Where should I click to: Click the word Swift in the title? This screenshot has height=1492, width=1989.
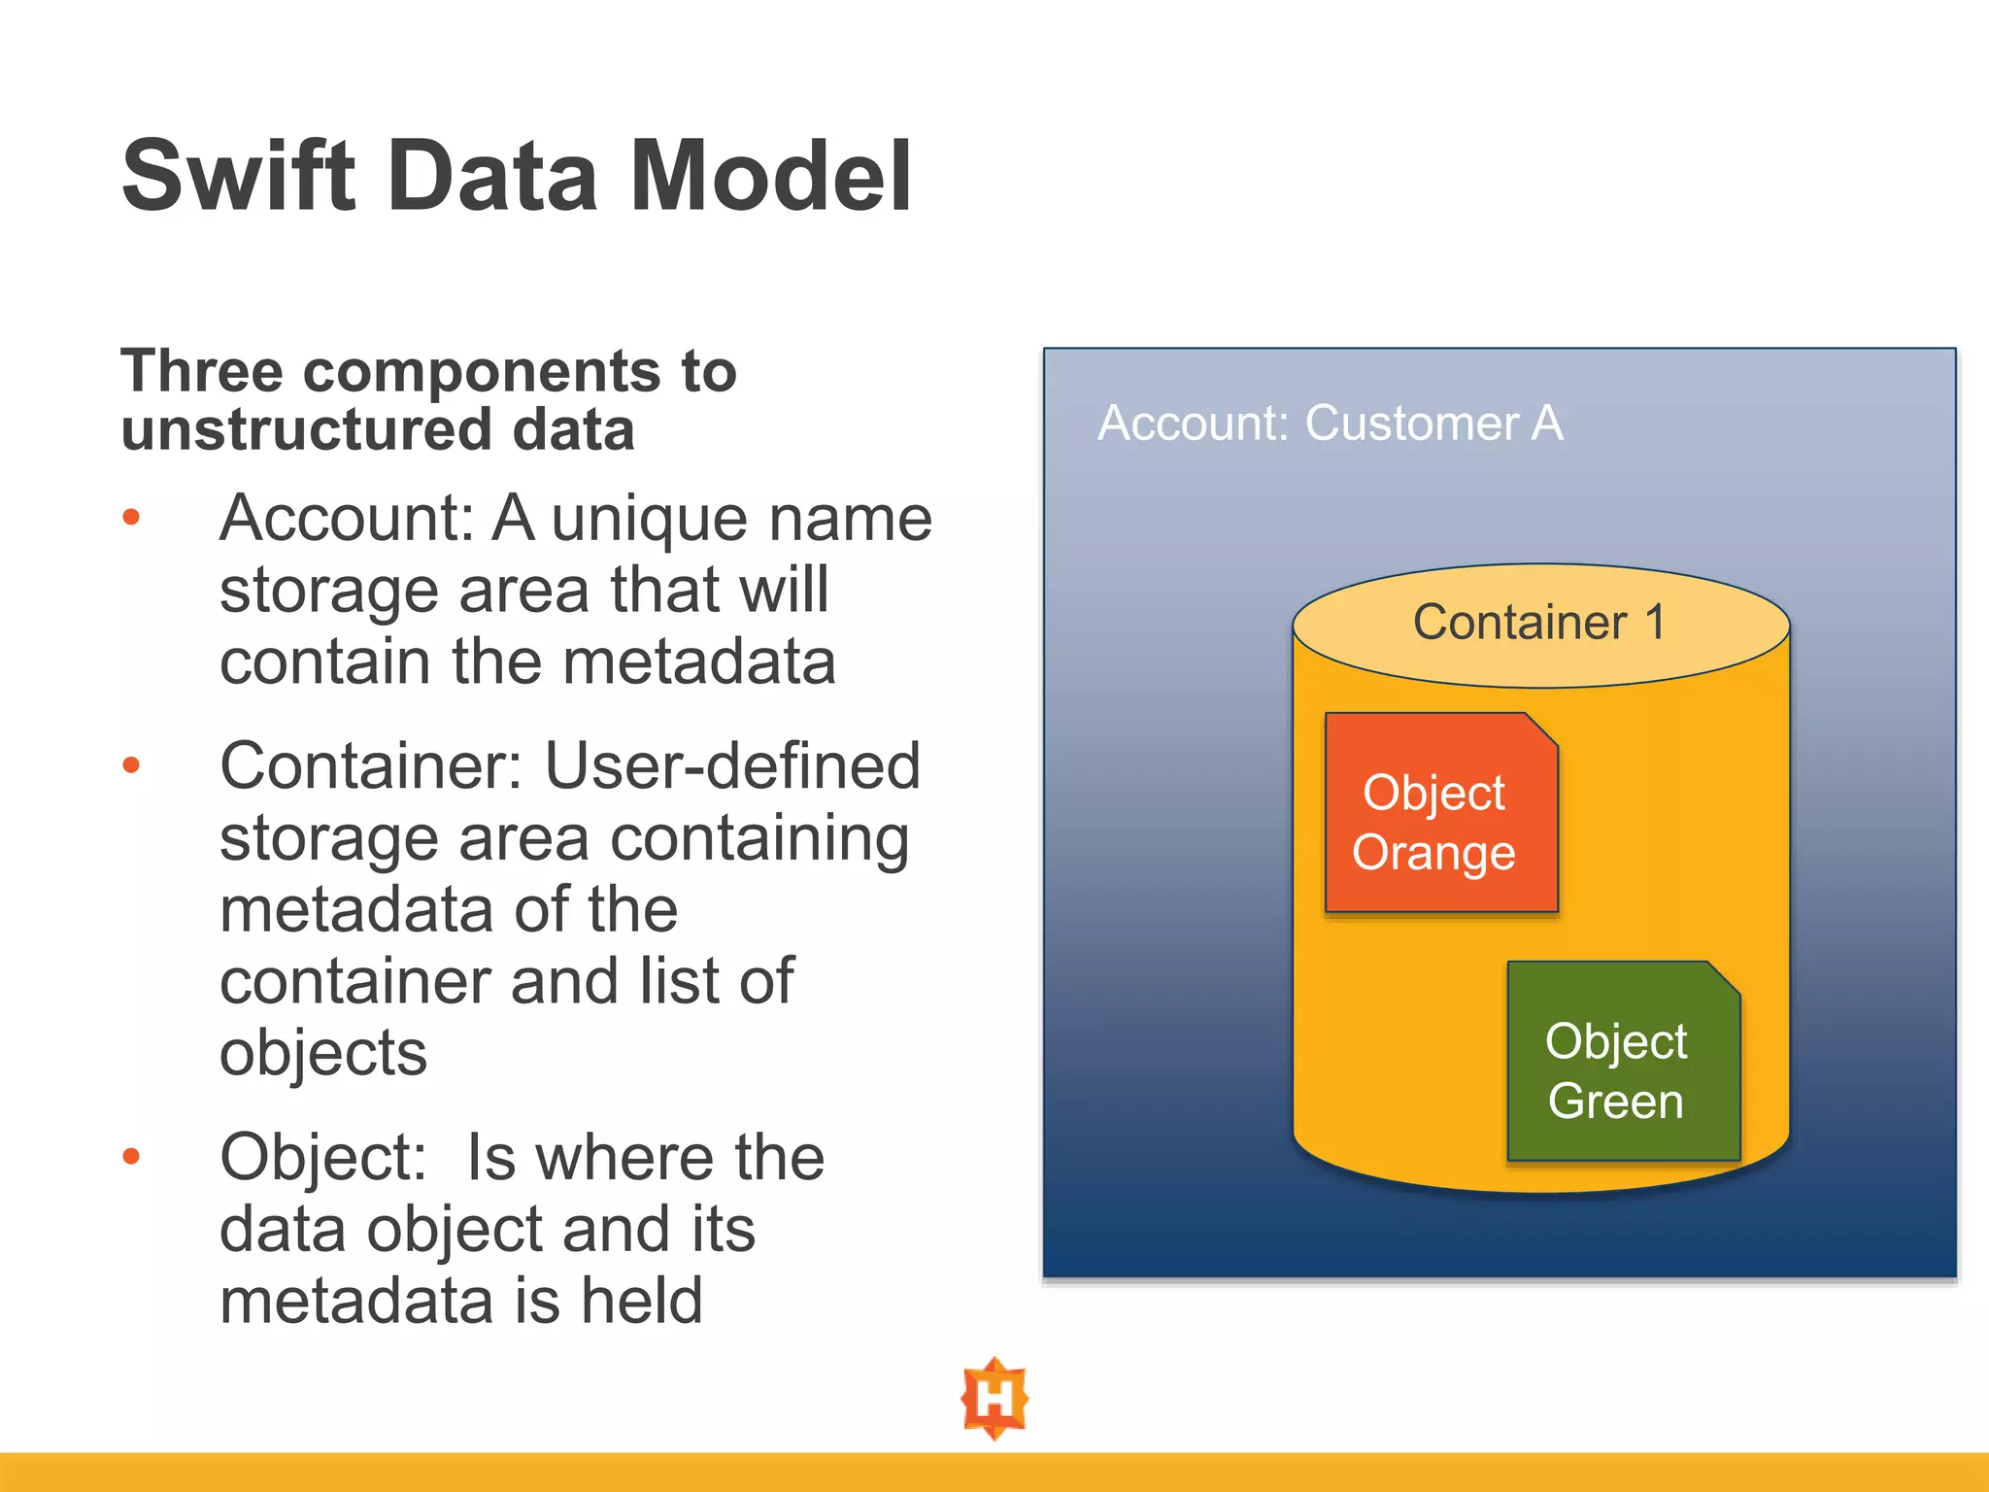(238, 176)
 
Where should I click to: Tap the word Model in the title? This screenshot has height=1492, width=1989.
(771, 176)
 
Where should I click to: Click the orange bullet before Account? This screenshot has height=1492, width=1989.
(131, 518)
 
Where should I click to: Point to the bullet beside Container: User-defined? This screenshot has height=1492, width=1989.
(131, 766)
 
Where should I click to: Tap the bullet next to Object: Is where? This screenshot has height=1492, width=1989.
(131, 1157)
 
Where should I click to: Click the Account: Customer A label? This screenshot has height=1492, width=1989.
(1330, 424)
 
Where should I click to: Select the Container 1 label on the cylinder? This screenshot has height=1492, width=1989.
(1538, 623)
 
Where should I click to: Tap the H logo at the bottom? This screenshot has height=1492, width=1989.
(994, 1399)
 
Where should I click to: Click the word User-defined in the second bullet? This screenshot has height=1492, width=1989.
(732, 766)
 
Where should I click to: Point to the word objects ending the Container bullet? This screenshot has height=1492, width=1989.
(323, 1053)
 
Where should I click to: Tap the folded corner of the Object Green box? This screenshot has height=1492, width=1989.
(1723, 977)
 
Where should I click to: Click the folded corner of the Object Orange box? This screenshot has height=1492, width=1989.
(1541, 729)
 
